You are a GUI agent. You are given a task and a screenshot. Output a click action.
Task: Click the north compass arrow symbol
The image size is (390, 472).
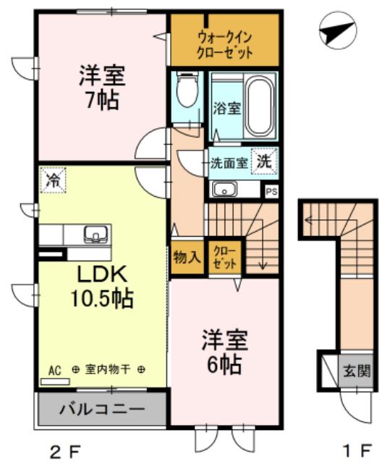tap(337, 33)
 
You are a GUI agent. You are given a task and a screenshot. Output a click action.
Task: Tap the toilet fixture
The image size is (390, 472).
tap(187, 92)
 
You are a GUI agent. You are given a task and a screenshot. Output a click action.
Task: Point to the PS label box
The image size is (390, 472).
tap(271, 192)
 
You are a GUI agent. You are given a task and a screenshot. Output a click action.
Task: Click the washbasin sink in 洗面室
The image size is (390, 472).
tap(226, 190)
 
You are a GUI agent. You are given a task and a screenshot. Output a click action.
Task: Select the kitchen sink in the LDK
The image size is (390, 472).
tap(96, 235)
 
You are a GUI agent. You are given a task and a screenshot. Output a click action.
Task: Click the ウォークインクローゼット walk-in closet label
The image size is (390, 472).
tap(225, 45)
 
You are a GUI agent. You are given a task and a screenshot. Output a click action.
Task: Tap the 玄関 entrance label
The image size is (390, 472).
tap(355, 373)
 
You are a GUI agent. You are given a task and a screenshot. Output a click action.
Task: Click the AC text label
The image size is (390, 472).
tap(54, 369)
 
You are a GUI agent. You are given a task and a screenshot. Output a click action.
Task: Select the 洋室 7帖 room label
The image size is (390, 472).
tap(101, 87)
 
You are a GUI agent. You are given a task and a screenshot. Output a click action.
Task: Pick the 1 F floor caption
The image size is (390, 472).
tap(357, 452)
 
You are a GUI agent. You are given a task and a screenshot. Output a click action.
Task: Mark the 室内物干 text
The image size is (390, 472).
tap(108, 369)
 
